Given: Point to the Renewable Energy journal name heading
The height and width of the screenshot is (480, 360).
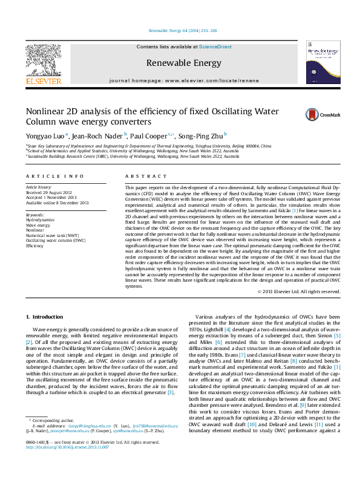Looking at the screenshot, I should (183, 63).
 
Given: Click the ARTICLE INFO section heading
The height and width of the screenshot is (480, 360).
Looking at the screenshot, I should (54, 176).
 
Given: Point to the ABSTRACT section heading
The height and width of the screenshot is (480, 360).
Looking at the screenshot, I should (141, 176).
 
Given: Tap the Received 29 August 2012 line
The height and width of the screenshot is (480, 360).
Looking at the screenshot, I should (50, 193).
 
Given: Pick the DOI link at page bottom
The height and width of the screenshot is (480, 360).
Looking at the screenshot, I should (67, 464).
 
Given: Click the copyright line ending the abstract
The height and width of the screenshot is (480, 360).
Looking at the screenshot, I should (299, 291).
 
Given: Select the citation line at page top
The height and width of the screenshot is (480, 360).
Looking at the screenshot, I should (183, 30).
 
